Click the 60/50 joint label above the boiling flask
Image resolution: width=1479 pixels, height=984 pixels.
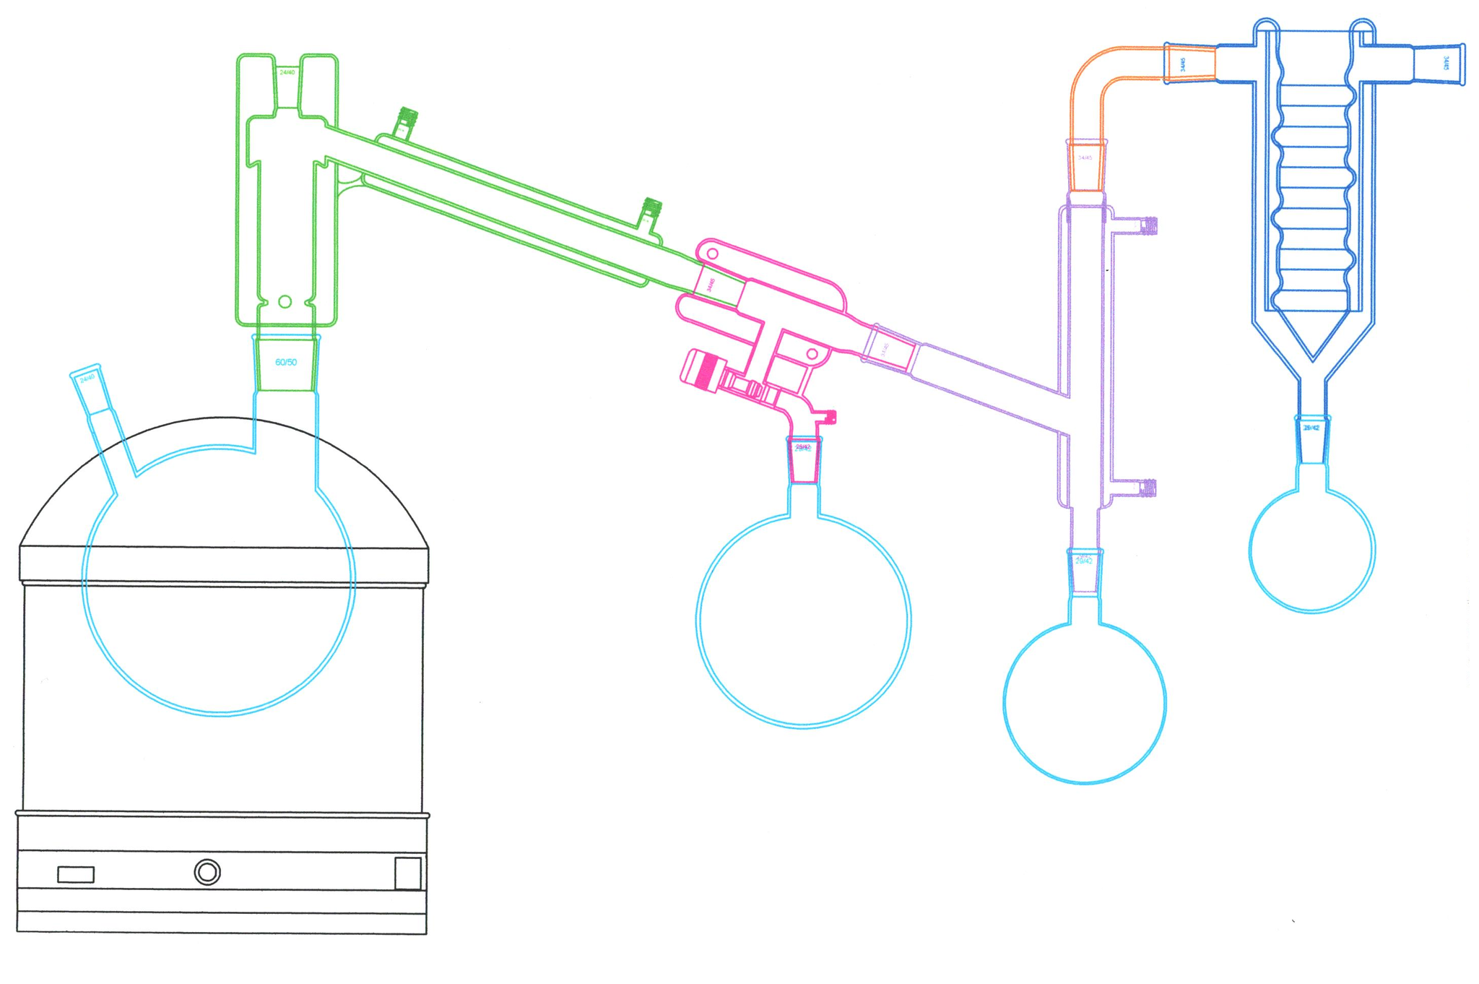point(286,362)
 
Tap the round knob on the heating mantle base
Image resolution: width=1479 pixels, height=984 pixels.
point(207,872)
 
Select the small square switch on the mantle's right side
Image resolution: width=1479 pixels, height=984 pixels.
point(408,873)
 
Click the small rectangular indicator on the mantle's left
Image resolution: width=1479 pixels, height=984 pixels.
point(76,874)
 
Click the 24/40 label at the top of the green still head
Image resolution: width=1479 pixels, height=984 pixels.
point(287,72)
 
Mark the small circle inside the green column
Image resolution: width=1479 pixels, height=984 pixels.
point(285,301)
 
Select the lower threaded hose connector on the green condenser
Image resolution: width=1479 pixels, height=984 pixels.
point(652,207)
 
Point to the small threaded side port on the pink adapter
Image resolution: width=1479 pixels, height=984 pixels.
point(830,417)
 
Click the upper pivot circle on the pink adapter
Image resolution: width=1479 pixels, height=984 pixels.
point(712,254)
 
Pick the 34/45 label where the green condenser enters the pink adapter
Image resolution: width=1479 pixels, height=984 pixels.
point(711,284)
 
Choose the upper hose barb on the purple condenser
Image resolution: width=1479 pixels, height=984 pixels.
point(1150,225)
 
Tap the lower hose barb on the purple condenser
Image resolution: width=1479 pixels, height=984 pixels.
point(1149,488)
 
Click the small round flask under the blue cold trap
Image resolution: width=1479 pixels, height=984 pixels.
point(1311,549)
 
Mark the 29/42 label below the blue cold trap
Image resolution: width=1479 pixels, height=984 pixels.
point(1311,428)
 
